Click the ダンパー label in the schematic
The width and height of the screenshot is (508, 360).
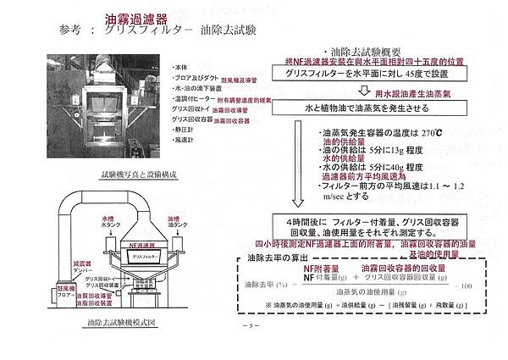[x=72, y=269]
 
